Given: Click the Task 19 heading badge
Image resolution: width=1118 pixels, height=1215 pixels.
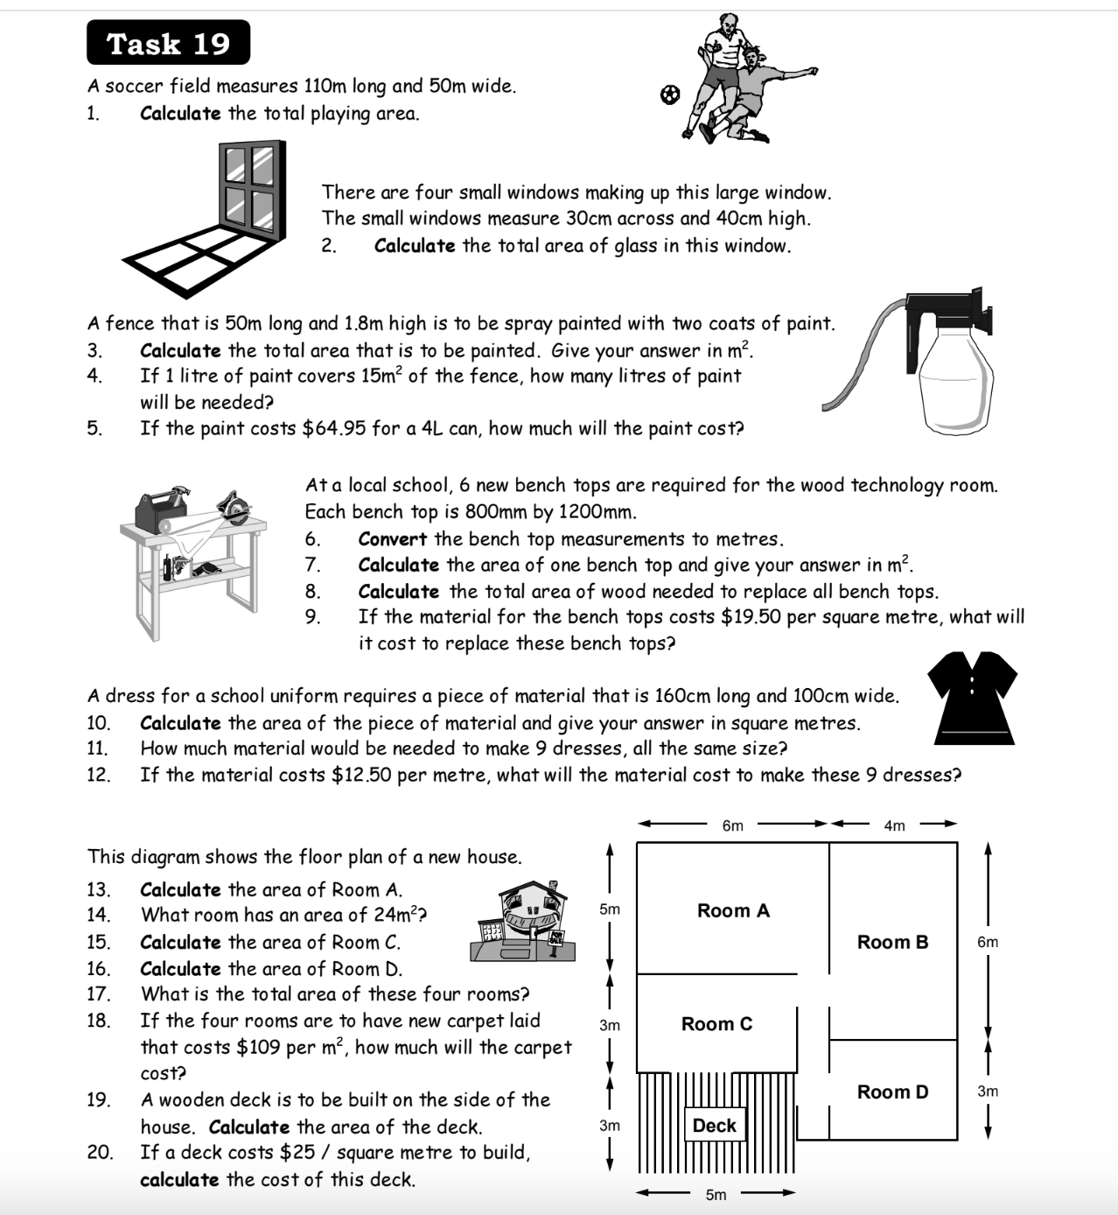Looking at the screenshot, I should click(168, 43).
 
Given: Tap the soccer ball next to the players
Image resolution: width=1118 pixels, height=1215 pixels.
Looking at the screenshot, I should click(669, 94).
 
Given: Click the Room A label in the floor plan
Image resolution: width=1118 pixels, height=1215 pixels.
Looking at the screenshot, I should click(733, 910).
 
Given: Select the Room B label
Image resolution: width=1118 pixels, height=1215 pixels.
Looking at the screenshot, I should click(892, 942).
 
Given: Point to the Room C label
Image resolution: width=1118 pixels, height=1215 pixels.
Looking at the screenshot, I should click(716, 1023).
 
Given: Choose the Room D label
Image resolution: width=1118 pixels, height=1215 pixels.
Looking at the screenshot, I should click(892, 1092).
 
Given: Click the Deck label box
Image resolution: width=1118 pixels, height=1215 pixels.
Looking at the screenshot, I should click(715, 1126).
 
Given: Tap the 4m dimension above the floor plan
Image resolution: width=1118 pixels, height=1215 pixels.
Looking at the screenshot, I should click(894, 825).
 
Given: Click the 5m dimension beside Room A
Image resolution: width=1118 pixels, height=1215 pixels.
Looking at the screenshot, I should click(610, 909).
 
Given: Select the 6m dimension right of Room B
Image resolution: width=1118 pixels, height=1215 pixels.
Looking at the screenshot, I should click(987, 942).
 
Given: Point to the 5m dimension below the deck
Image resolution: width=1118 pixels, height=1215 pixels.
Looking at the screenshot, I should click(716, 1195).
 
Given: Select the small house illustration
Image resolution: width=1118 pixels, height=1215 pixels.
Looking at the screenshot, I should click(523, 923).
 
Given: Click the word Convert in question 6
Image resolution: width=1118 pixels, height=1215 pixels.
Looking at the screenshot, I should click(392, 539).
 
